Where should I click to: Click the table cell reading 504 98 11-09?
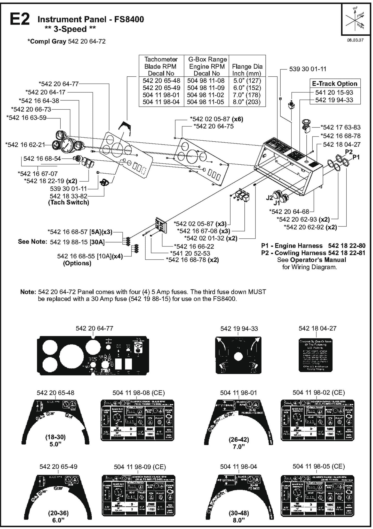pos(206,87)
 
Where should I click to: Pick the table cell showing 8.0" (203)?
pos(247,102)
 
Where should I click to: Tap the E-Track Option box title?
pos(335,84)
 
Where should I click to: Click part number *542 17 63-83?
pos(340,127)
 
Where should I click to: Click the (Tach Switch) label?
pos(69,202)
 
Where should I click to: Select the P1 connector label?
pos(356,157)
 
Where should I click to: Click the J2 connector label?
pos(269,198)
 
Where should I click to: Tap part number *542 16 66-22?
pos(194,246)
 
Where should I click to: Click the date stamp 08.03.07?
pos(355,41)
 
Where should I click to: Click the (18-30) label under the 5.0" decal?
pos(55,437)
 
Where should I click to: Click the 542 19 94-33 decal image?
pos(238,355)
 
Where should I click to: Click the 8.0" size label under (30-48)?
pos(237,520)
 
